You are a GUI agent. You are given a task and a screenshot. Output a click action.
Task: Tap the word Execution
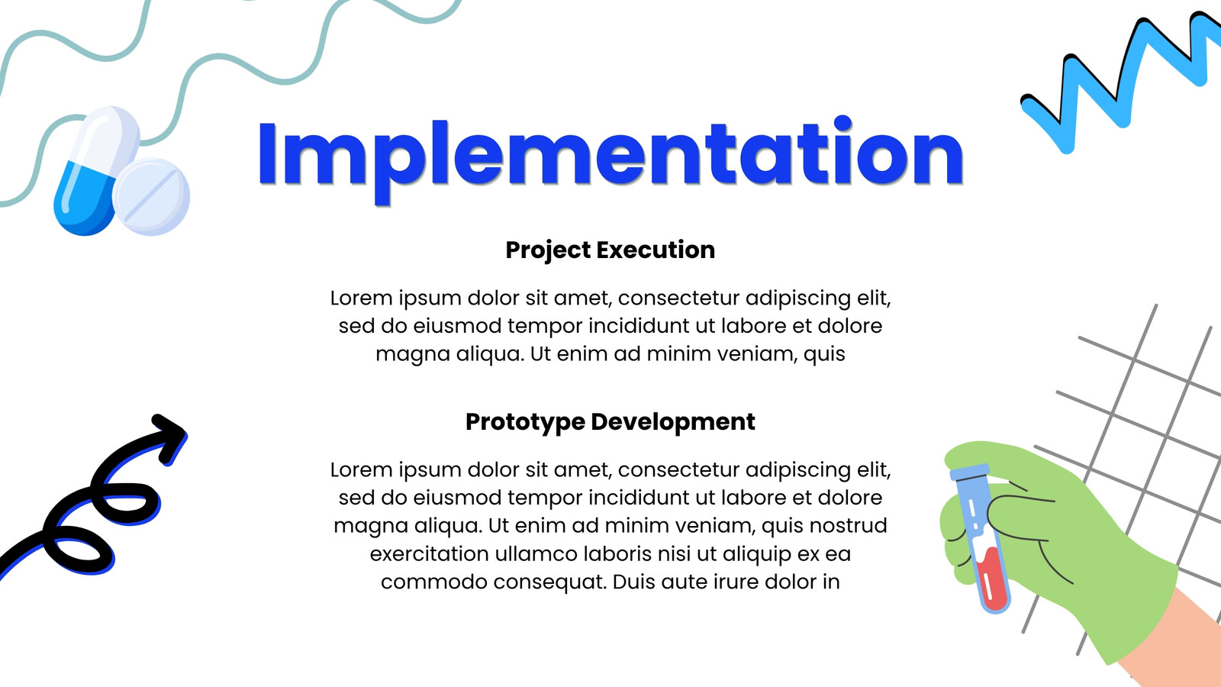[656, 250]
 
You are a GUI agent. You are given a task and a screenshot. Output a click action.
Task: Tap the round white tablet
[151, 197]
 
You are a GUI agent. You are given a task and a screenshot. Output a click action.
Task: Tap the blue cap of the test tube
[969, 472]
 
